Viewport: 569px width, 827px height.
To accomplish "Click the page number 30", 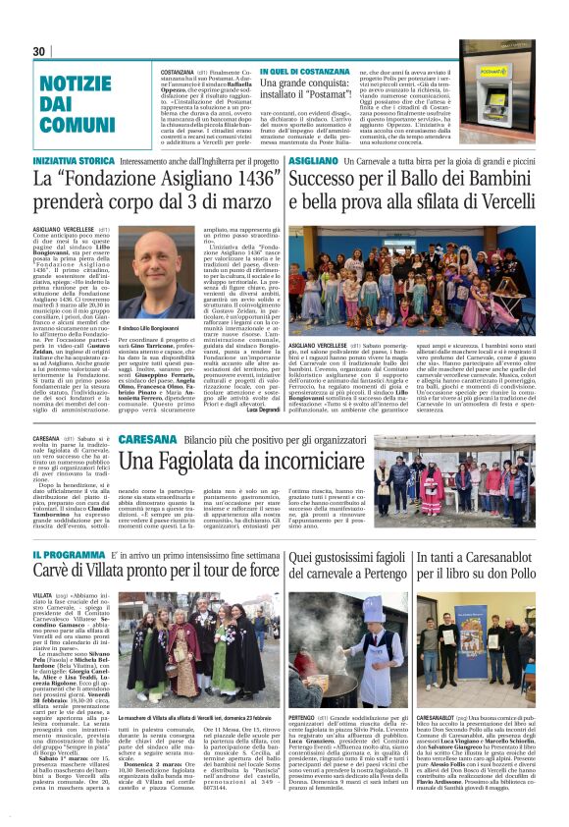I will tap(39, 51).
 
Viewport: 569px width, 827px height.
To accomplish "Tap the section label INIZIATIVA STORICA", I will tap(74, 160).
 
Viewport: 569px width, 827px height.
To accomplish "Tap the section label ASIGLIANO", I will tap(313, 160).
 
